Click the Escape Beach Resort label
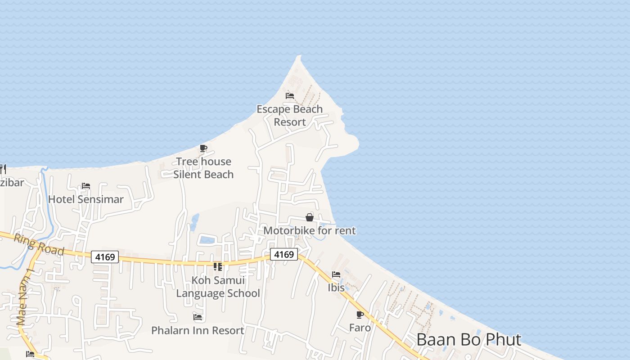pos(289,116)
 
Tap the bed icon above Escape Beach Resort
pos(290,95)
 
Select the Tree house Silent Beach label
pos(203,168)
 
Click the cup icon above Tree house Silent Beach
pos(203,148)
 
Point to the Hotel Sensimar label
pos(85,199)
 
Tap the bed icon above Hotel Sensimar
pos(86,185)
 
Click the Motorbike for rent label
pos(310,231)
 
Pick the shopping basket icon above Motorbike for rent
pos(310,218)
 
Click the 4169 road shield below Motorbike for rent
pos(284,255)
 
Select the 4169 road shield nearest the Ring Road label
pos(105,257)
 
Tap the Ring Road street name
pos(39,244)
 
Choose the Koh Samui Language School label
pos(218,287)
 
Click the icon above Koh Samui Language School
pos(218,267)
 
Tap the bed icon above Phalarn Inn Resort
pos(198,317)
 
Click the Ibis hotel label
pos(336,288)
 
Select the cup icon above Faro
pos(360,315)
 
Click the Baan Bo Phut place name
pos(468,340)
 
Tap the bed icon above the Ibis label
pos(336,274)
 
